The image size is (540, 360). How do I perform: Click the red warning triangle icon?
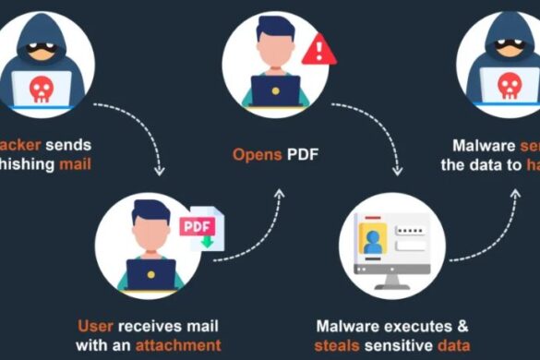pyautogui.click(x=319, y=49)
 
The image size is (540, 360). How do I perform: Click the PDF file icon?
pyautogui.click(x=202, y=227)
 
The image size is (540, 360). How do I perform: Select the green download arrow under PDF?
pyautogui.click(x=208, y=243)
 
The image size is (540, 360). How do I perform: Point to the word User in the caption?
pyautogui.click(x=94, y=326)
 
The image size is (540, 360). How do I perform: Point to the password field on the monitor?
pyautogui.click(x=412, y=229)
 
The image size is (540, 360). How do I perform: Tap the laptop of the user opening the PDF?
pyautogui.click(x=275, y=90)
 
